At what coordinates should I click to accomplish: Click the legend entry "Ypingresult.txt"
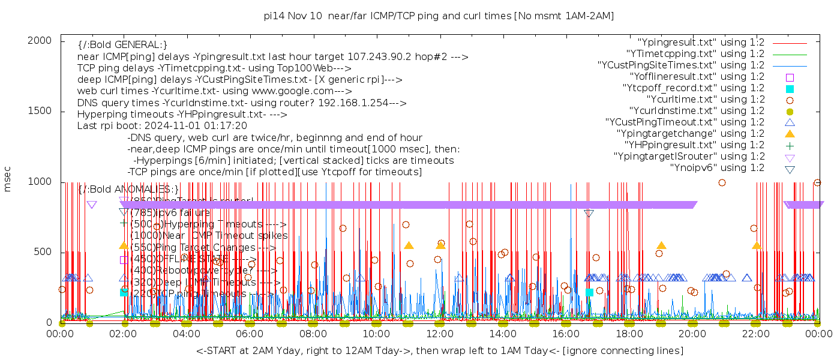coord(701,43)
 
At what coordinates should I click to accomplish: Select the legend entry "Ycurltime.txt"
coord(706,100)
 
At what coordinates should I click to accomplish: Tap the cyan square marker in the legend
coord(790,88)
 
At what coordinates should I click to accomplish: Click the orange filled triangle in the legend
coord(790,134)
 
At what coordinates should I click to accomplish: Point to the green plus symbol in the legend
coord(790,145)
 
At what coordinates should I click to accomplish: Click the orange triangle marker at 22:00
coord(756,245)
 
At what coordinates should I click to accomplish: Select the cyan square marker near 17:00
coord(589,292)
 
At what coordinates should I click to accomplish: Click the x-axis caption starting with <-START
coord(439,350)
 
